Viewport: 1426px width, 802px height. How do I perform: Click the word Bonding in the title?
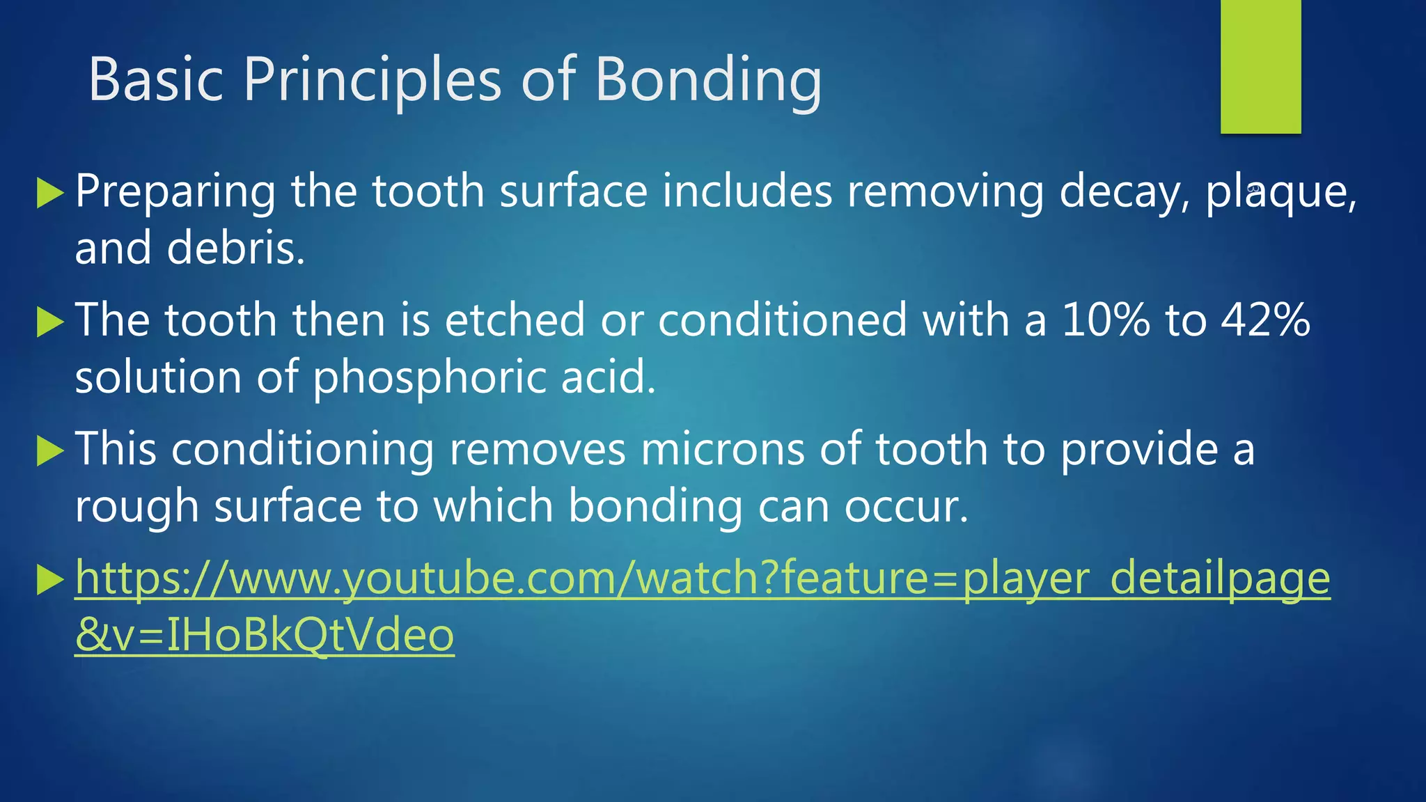coord(708,80)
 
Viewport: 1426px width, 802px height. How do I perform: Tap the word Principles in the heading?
coord(372,80)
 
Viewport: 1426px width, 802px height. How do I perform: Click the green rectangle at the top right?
coord(1260,66)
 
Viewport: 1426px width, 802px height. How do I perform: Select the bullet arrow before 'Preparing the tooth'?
coord(49,193)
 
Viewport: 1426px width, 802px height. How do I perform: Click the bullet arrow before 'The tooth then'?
coord(49,322)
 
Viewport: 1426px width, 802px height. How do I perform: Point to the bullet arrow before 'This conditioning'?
coord(49,450)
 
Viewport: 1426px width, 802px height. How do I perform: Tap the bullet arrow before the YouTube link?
coord(49,579)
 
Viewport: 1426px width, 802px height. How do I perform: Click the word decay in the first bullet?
coord(1122,192)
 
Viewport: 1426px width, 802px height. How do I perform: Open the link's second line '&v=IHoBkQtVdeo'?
coord(265,635)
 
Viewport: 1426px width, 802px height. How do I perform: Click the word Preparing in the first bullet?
coord(175,192)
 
